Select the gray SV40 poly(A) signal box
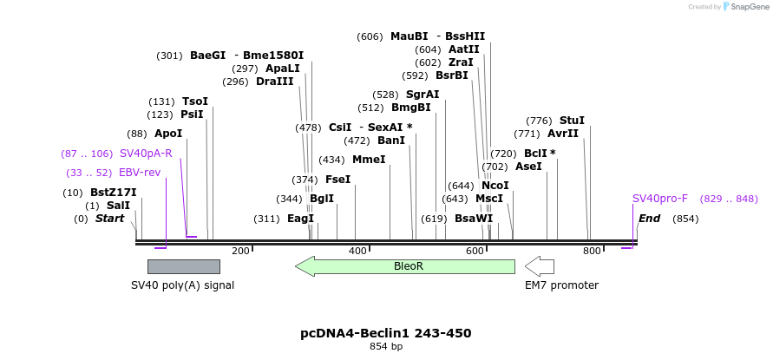coord(183,266)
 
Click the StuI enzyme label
coord(572,121)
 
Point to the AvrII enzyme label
coord(563,134)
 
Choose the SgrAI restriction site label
coord(423,95)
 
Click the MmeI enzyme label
coord(369,160)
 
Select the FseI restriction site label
coord(337,180)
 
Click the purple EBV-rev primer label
coord(140,173)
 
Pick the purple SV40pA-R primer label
coord(146,154)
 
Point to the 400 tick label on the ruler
coord(357,251)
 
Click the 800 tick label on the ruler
coord(592,251)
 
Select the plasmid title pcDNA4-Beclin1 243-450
coord(386,333)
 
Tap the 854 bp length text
coord(386,347)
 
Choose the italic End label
coord(649,219)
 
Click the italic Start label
coord(110,219)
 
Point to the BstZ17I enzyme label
coord(113,193)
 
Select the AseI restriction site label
coord(528,167)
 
